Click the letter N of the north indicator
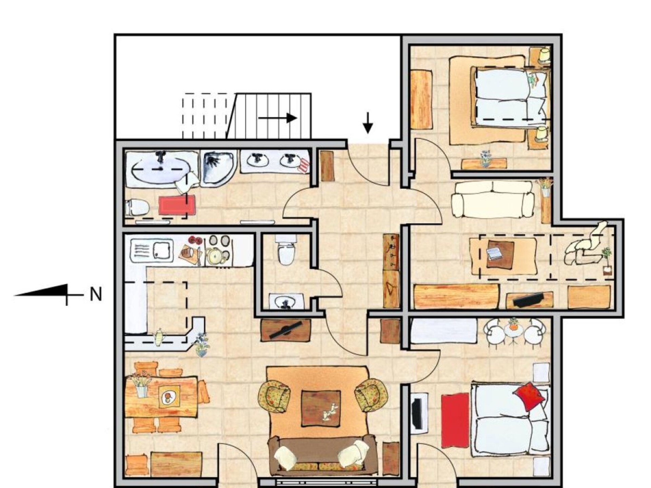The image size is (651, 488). pos(96,294)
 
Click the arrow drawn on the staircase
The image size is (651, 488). pos(278,118)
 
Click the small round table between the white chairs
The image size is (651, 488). pos(513,331)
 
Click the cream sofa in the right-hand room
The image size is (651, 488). pos(492,200)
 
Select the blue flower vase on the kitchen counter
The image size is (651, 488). pos(202,345)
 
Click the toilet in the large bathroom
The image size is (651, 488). pos(137,207)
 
